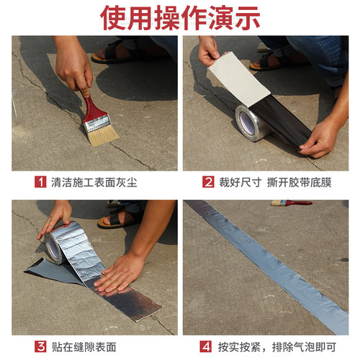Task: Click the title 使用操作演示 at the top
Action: [x=180, y=17]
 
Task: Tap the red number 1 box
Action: [x=40, y=182]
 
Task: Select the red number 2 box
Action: [x=208, y=182]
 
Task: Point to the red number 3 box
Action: [x=40, y=346]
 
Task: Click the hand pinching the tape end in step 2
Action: [x=320, y=137]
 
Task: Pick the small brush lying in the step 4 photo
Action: [x=292, y=204]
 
